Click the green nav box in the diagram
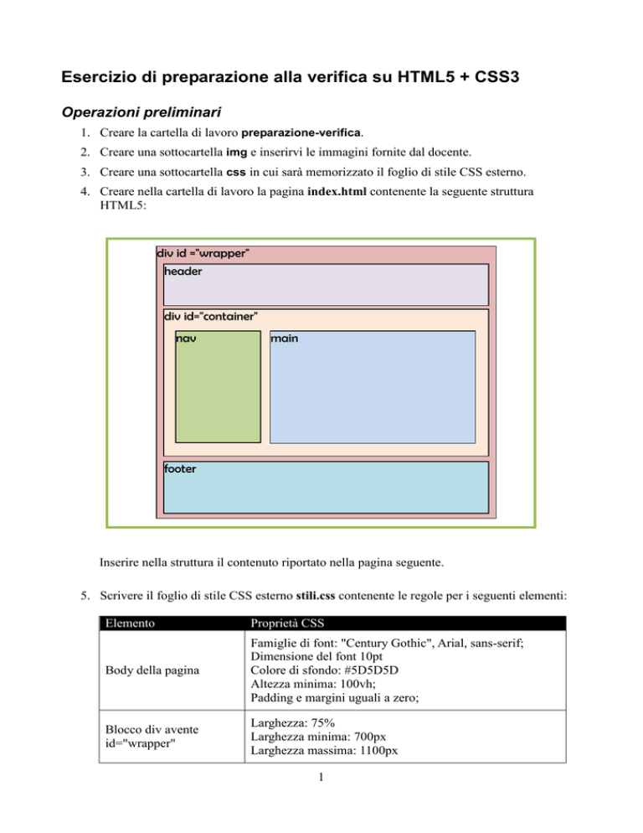(218, 387)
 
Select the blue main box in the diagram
(373, 387)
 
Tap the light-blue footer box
(326, 487)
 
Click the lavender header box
(326, 285)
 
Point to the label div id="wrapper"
(203, 253)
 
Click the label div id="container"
(211, 316)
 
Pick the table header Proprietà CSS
(285, 623)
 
